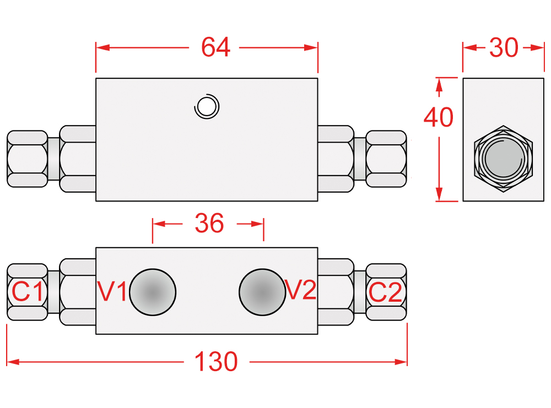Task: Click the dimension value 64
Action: click(x=215, y=47)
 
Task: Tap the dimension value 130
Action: click(x=217, y=362)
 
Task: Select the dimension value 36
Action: click(x=209, y=224)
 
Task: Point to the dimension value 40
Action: click(x=439, y=117)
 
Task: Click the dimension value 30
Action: click(x=504, y=48)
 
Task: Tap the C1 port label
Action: click(x=28, y=292)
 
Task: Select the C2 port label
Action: click(x=386, y=292)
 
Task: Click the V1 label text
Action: click(x=113, y=291)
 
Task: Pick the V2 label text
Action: click(x=301, y=290)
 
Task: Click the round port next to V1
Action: click(x=153, y=292)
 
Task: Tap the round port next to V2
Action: click(x=262, y=292)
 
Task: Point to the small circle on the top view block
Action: click(x=207, y=106)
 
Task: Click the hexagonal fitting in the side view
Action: click(x=504, y=159)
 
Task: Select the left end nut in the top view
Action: click(x=27, y=158)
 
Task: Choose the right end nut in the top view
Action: click(x=386, y=158)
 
